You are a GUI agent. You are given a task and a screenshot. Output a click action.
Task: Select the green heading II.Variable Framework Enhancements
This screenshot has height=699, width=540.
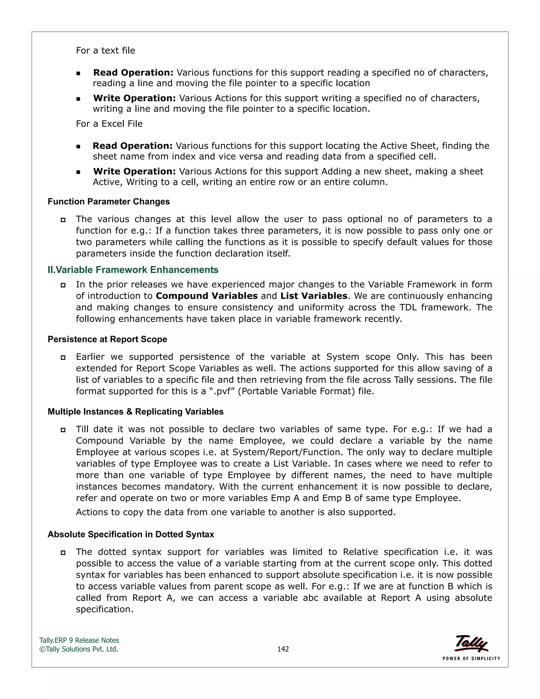coord(133,270)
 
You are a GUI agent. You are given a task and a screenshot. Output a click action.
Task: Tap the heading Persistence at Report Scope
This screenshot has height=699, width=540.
coord(107,339)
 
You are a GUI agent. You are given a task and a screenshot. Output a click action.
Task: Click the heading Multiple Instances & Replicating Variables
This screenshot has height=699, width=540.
coord(135,411)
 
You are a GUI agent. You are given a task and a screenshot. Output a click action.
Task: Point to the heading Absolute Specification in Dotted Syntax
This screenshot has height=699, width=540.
coord(131,534)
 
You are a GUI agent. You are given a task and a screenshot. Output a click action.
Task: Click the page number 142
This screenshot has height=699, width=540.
coord(283,649)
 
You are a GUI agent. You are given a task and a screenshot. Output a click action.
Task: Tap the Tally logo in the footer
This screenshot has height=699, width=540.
coord(471,643)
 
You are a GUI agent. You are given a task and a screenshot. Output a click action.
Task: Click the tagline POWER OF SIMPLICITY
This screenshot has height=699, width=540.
coord(471,659)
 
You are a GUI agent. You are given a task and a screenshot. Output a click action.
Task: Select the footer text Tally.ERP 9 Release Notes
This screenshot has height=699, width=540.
coord(79,640)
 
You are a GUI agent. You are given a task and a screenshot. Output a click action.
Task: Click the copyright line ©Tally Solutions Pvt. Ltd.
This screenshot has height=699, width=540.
coord(79,649)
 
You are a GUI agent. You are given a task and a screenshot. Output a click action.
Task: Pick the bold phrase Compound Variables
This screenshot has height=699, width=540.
coord(207,296)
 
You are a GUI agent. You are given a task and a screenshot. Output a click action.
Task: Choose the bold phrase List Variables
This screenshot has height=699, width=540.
coord(314,296)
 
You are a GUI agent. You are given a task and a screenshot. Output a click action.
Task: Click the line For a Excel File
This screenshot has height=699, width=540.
coord(109,124)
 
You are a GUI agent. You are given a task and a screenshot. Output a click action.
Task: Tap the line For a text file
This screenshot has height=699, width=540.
coord(105,51)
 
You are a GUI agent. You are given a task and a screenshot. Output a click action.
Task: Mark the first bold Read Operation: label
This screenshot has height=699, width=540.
coord(133,73)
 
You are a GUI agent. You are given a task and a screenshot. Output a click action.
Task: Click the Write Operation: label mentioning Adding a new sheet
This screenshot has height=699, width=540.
coord(134,171)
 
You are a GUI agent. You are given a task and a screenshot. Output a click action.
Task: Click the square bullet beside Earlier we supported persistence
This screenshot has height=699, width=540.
coord(63,357)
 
